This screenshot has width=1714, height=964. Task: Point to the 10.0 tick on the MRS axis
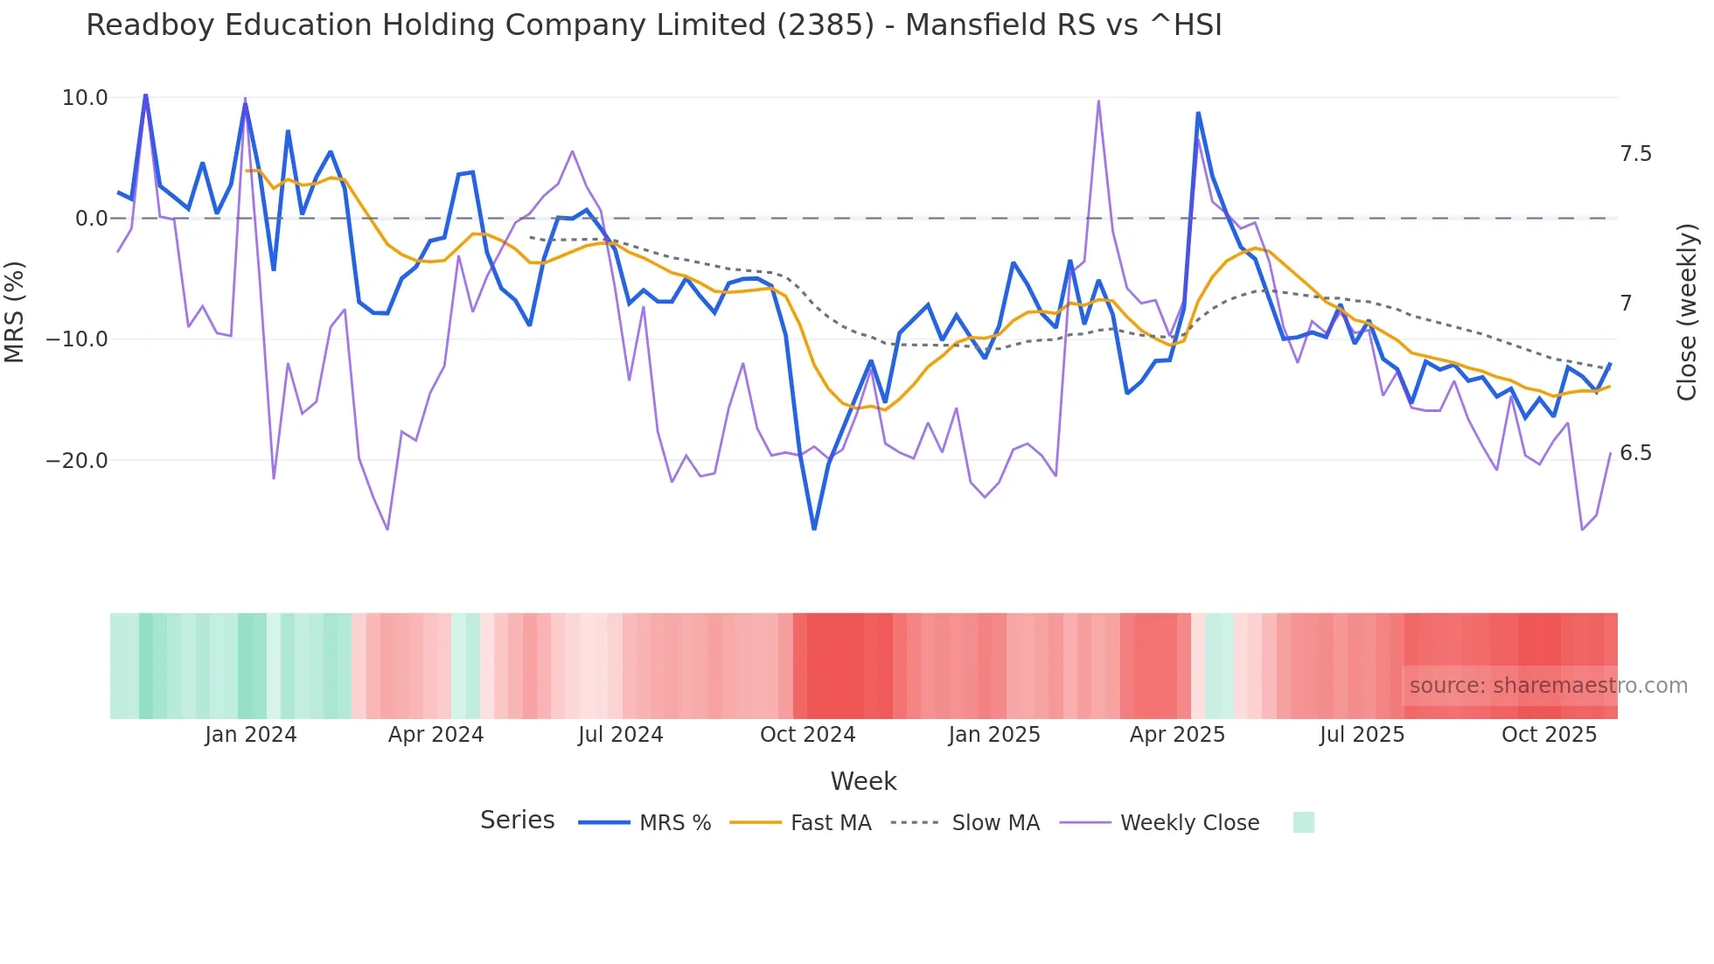tap(85, 98)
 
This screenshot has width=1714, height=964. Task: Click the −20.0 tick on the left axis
tap(77, 461)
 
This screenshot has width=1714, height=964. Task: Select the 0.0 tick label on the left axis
tap(92, 219)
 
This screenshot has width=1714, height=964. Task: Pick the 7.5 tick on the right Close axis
tap(1635, 154)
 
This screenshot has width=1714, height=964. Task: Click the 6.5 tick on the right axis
tap(1635, 453)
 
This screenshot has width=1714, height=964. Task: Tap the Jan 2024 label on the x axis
tap(251, 735)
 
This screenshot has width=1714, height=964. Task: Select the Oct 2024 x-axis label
tap(807, 735)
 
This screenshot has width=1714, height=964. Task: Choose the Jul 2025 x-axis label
tap(1362, 735)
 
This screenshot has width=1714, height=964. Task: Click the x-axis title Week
tap(863, 781)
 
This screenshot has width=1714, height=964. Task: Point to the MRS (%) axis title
tap(15, 311)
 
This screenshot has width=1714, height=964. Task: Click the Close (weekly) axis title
tap(1687, 311)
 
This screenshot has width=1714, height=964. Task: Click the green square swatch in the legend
tap(1303, 822)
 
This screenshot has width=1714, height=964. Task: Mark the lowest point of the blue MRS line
tap(814, 528)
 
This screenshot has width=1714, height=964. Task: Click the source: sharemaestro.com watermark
tap(1548, 686)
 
